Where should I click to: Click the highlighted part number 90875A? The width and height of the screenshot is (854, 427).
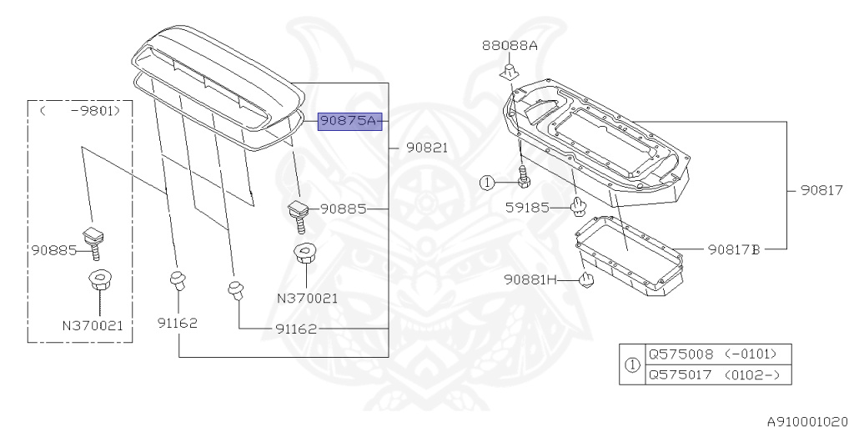(349, 121)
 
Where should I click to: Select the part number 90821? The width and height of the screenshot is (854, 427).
(427, 148)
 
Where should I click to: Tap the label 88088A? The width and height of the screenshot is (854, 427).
(509, 46)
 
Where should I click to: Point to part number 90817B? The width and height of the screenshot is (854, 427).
(734, 249)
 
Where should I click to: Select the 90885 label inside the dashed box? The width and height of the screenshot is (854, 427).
(54, 249)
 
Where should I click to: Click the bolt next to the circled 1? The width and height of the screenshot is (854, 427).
(524, 177)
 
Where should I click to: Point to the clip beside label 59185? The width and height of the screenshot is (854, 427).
(577, 205)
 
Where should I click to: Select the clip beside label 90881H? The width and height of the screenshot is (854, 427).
(586, 280)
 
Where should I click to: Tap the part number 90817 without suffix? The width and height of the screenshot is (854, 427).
(822, 190)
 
